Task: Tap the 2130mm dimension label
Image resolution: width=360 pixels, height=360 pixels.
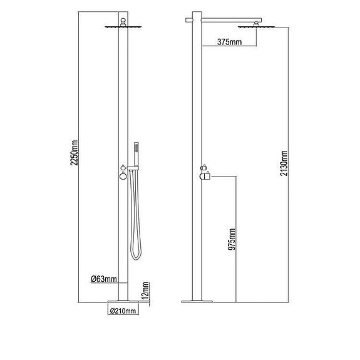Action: [x=284, y=164]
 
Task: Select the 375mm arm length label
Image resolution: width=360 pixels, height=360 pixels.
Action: [x=230, y=43]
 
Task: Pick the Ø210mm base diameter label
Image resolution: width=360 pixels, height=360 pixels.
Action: [x=121, y=309]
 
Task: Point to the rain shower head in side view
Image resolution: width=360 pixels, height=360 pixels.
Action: [x=254, y=26]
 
